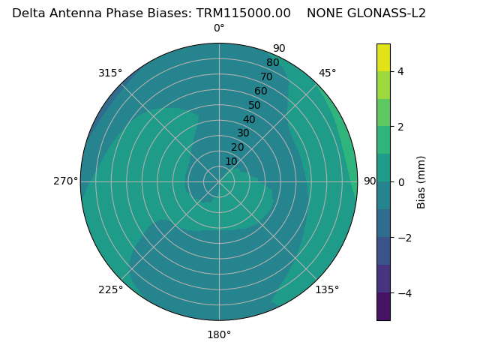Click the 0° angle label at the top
click(219, 28)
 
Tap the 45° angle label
click(327, 73)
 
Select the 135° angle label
click(327, 289)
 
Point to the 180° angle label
click(219, 334)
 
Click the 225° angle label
click(110, 289)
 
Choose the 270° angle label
click(65, 181)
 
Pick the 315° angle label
click(110, 73)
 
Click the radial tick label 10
click(231, 161)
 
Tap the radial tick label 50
click(254, 105)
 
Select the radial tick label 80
click(272, 63)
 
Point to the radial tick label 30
click(243, 133)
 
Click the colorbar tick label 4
click(400, 71)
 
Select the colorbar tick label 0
click(400, 182)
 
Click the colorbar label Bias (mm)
click(421, 182)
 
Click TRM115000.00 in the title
click(243, 13)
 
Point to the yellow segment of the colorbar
click(383, 57)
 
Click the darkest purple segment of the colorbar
click(383, 307)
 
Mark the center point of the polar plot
click(219, 181)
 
